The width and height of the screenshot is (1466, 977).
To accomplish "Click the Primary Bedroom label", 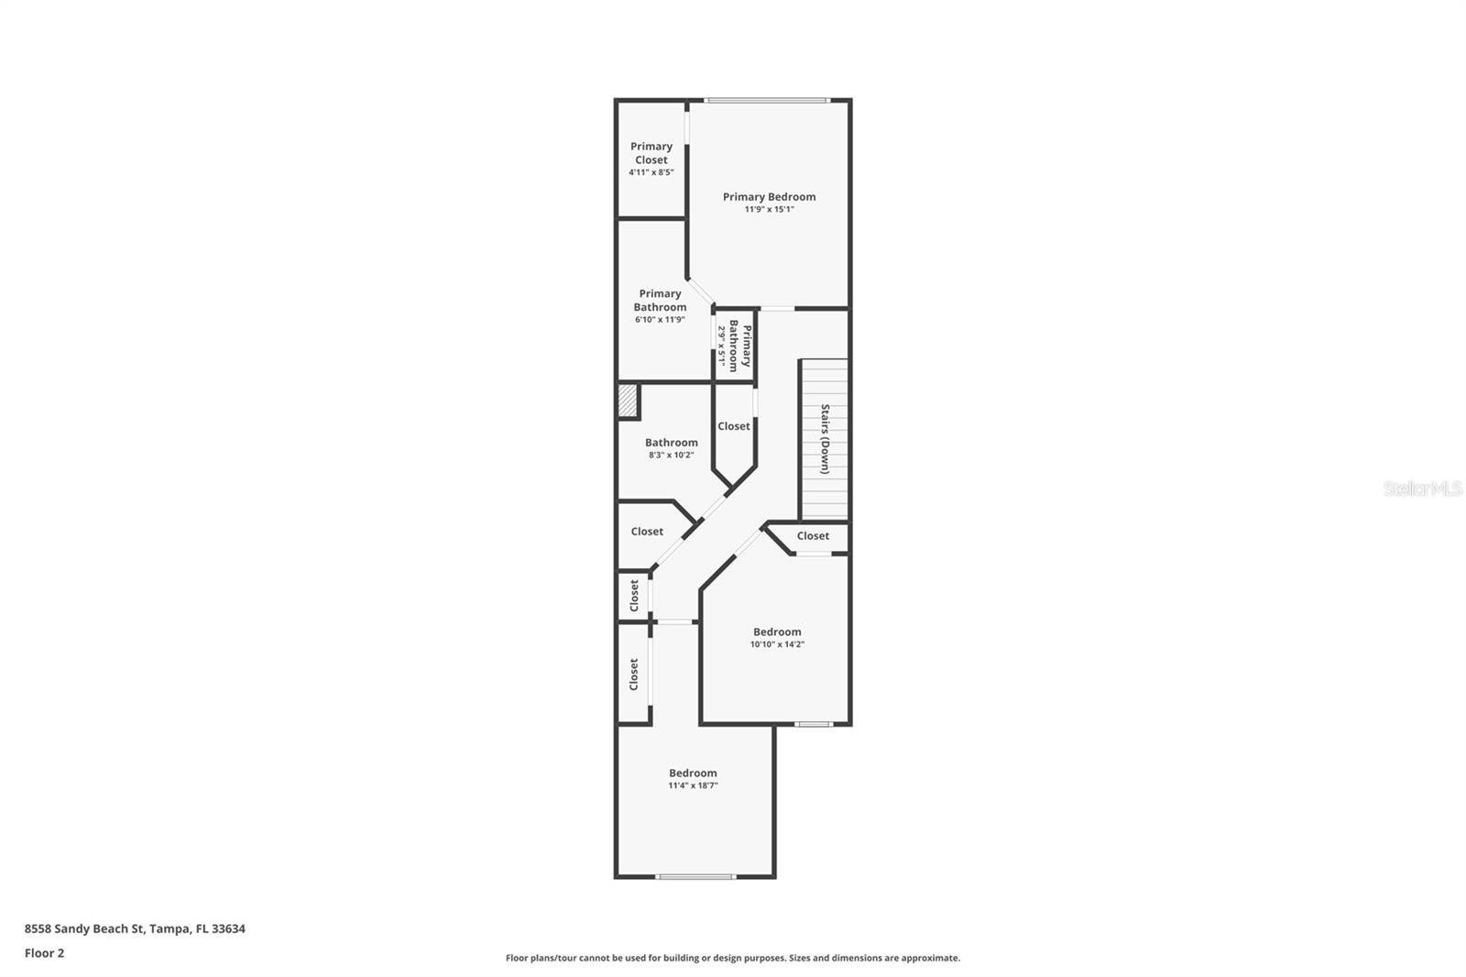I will click(x=769, y=196).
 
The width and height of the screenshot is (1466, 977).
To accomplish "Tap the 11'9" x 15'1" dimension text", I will click(x=769, y=209).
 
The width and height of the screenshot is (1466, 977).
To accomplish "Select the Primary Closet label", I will click(x=651, y=152).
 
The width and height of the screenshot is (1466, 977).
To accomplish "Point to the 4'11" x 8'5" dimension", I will click(x=651, y=172).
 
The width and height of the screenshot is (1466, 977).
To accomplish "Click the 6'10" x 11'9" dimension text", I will click(x=660, y=320).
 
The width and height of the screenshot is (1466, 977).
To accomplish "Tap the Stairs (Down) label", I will click(x=825, y=438).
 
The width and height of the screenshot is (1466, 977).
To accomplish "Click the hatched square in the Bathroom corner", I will click(x=628, y=401).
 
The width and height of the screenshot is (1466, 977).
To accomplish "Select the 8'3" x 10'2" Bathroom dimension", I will click(x=671, y=455).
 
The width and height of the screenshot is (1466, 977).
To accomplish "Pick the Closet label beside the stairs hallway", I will click(x=733, y=426).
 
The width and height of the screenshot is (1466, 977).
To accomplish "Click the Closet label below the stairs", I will click(x=813, y=536).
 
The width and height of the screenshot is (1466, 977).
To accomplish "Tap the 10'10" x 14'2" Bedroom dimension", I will click(x=777, y=644).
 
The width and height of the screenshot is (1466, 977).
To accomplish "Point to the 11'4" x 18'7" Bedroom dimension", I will click(x=693, y=785).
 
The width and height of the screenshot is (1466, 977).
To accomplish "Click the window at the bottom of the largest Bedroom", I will click(x=695, y=877).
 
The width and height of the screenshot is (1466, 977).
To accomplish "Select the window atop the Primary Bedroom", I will click(x=767, y=100).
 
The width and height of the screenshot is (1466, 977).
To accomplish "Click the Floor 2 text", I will click(x=44, y=953).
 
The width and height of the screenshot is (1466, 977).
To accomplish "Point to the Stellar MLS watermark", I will click(x=1422, y=489).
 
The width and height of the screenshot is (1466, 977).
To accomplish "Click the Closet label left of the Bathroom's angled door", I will click(x=647, y=532).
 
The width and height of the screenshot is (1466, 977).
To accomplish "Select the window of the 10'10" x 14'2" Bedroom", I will click(x=813, y=724).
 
